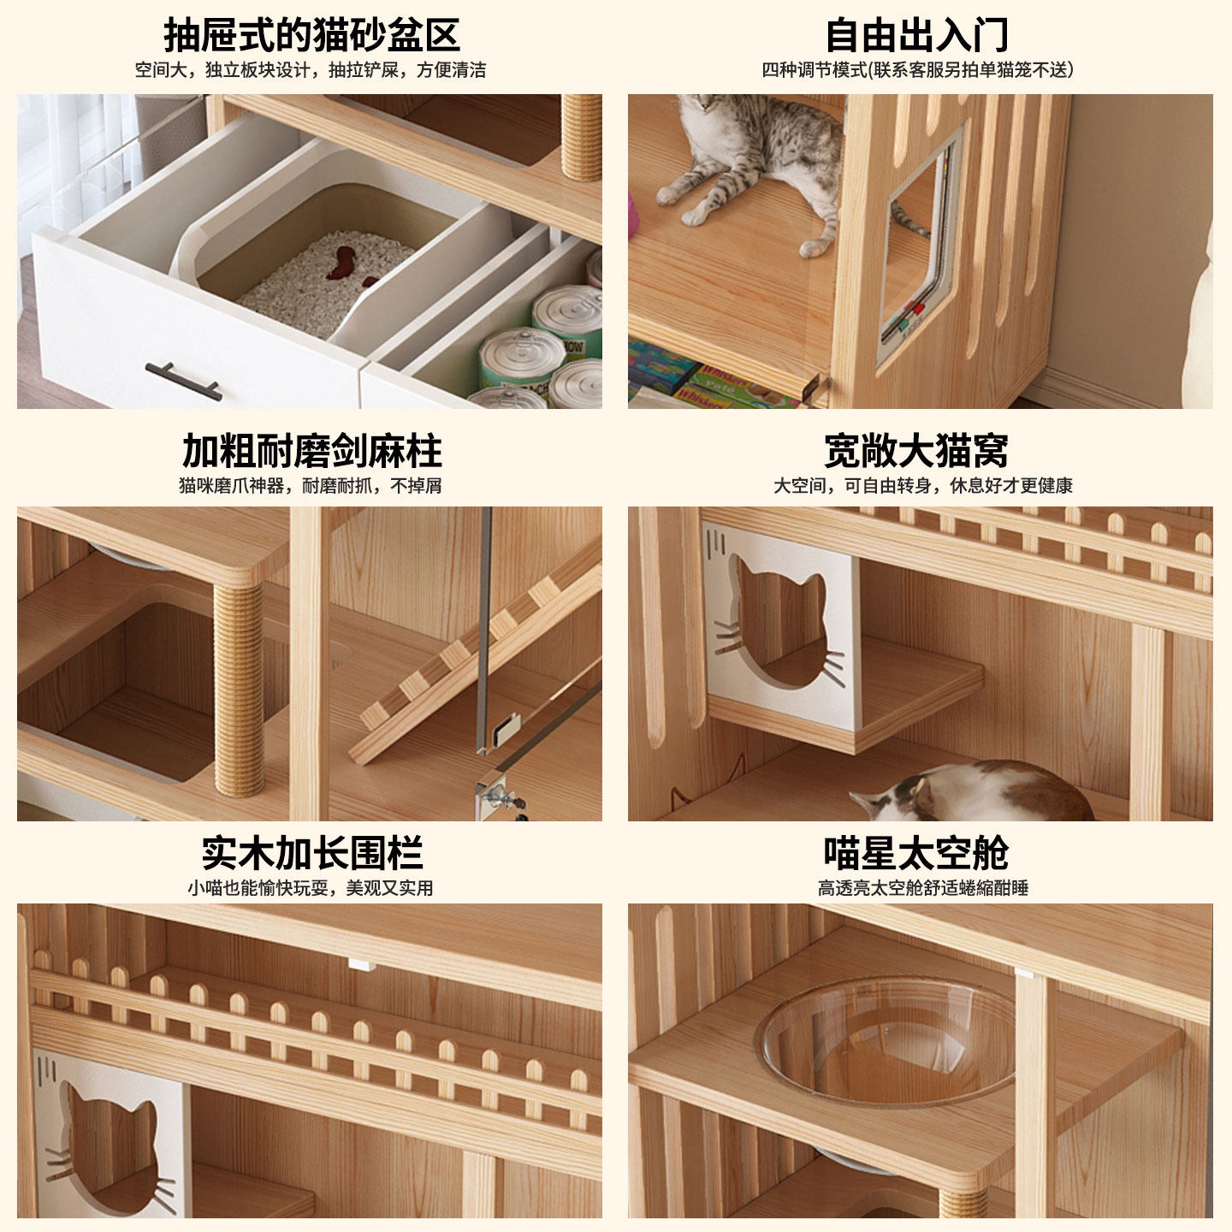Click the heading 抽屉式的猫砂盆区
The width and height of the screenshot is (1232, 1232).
(311, 35)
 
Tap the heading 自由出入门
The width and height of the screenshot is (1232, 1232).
(916, 35)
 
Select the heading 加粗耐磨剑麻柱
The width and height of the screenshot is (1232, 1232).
(311, 451)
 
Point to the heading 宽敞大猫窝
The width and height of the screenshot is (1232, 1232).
(916, 451)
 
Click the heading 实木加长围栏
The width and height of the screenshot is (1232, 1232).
(311, 853)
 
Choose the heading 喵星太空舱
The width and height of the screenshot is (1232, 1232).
(916, 853)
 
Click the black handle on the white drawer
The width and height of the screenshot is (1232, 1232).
(183, 380)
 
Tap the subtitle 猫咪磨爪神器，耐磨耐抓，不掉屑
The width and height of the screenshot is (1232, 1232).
(310, 486)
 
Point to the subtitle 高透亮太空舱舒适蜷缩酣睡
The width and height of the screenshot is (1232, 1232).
(922, 888)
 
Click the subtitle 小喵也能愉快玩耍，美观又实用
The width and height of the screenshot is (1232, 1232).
(310, 888)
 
